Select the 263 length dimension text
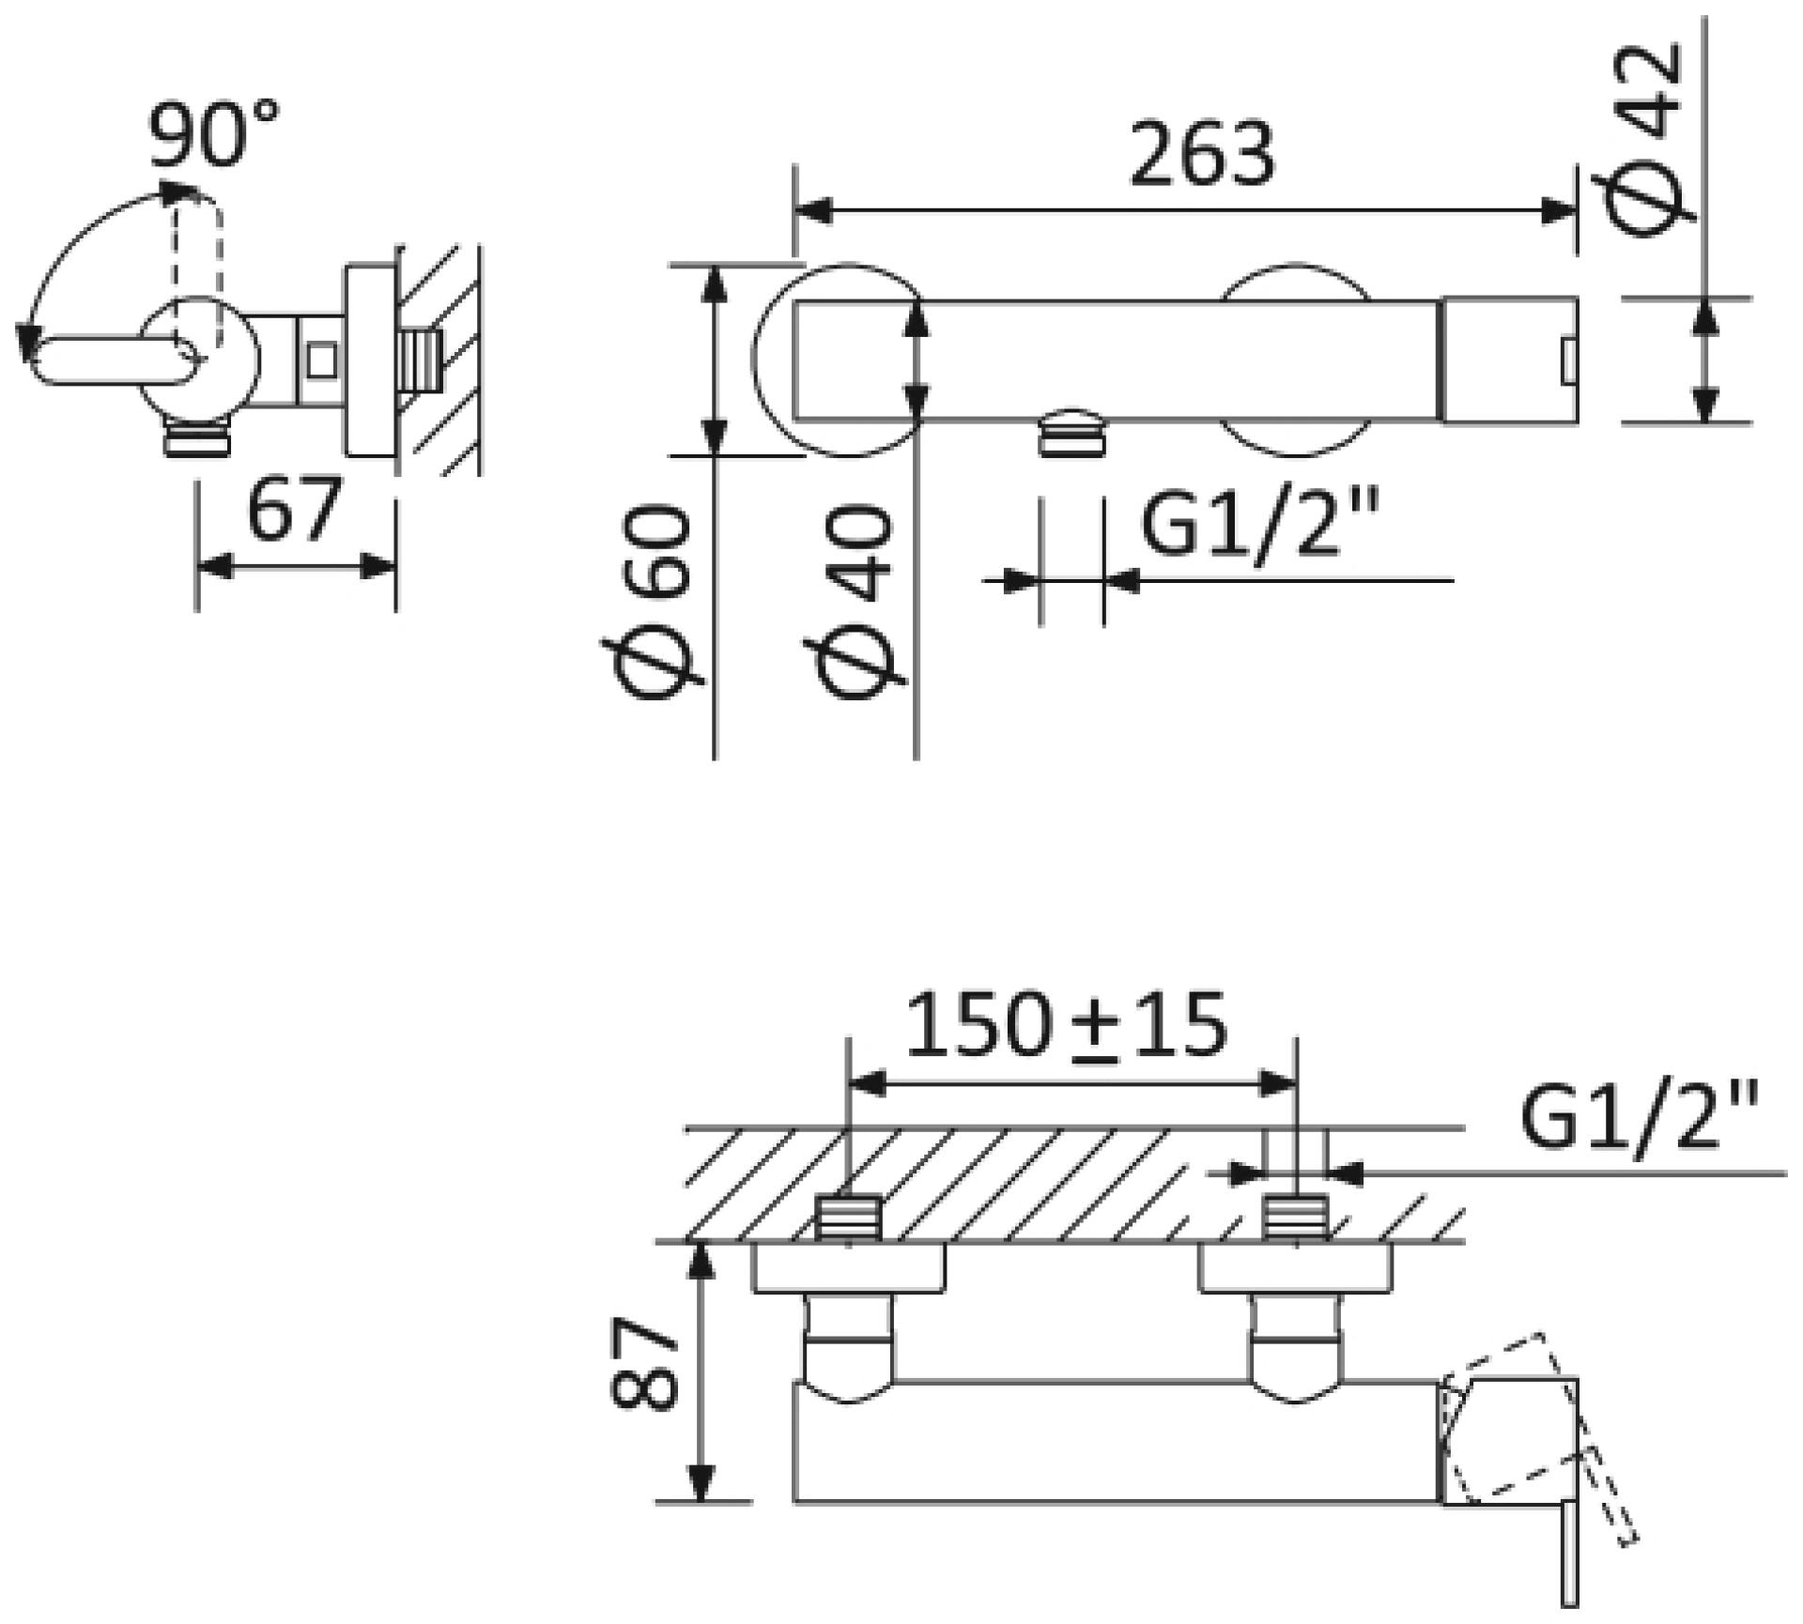[1203, 154]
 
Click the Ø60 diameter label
[651, 602]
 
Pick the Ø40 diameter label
[855, 602]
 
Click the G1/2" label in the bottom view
[1639, 1118]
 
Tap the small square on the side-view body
[322, 361]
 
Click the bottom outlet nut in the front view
[1072, 431]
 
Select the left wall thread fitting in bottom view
[848, 1218]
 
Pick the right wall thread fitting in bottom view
[1296, 1218]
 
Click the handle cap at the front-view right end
[1509, 360]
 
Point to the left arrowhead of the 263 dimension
[813, 211]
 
